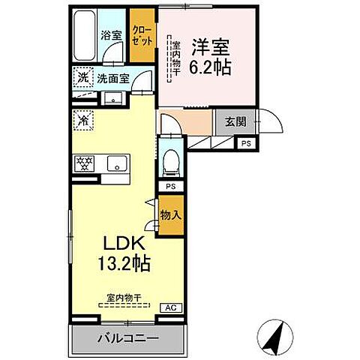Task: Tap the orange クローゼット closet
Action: (141, 34)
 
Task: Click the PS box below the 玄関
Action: (246, 143)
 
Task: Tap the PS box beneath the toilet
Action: (171, 186)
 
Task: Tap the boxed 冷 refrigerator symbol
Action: (82, 118)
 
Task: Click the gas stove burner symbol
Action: (83, 163)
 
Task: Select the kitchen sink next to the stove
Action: (115, 163)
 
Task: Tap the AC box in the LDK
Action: (172, 307)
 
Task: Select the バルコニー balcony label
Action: (127, 339)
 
